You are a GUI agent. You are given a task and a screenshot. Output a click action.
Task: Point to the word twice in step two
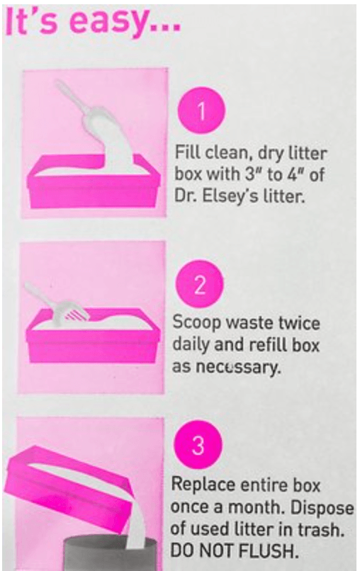tap(299, 324)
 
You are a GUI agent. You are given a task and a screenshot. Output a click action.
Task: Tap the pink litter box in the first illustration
tap(93, 181)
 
